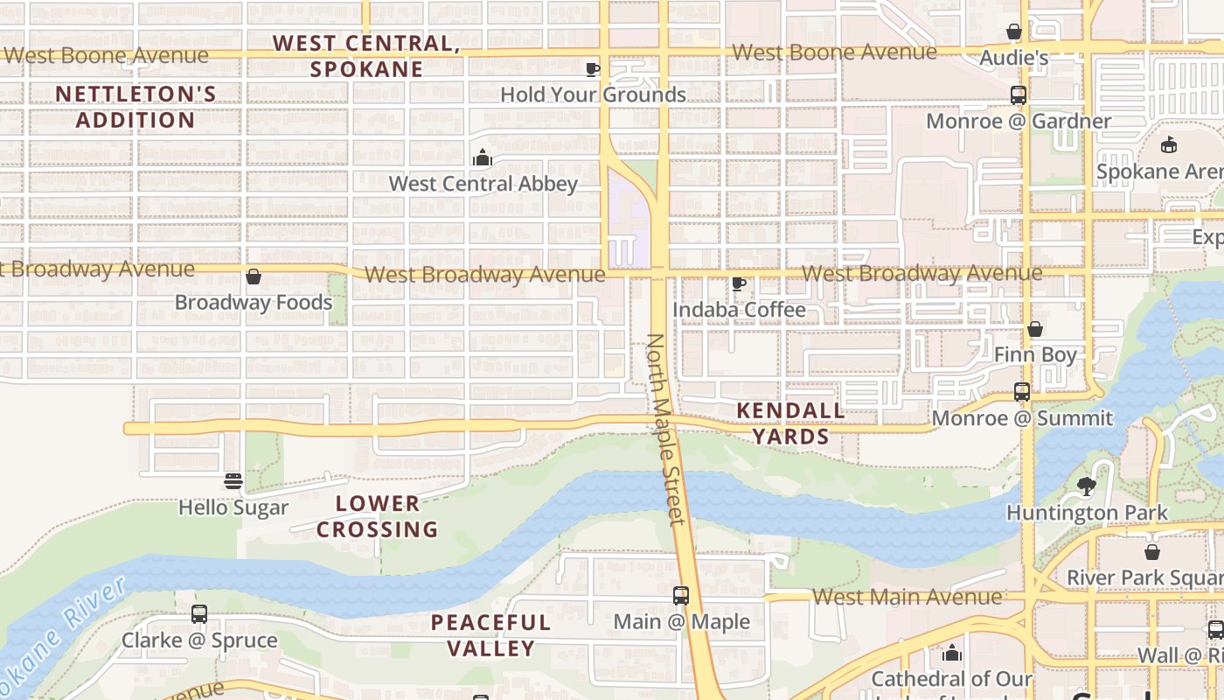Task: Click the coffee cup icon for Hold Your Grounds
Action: point(592,69)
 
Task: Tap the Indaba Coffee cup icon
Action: point(739,283)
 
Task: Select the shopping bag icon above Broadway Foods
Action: point(254,276)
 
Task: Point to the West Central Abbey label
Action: point(483,184)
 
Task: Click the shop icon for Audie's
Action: point(1014,32)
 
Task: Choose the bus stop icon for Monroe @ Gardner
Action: point(1019,95)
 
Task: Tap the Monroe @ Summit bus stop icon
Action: point(1022,392)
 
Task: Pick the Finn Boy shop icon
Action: point(1035,329)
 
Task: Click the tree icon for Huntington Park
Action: point(1087,486)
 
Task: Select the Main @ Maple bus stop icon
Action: point(681,596)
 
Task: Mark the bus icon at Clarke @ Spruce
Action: point(199,614)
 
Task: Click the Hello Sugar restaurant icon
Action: point(233,481)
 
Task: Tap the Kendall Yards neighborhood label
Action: point(790,423)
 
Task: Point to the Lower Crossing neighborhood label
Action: point(378,516)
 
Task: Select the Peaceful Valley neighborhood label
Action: point(490,635)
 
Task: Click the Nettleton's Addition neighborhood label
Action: point(136,107)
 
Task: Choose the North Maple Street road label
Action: point(665,429)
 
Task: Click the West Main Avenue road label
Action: point(907,597)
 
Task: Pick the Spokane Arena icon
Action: point(1169,145)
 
